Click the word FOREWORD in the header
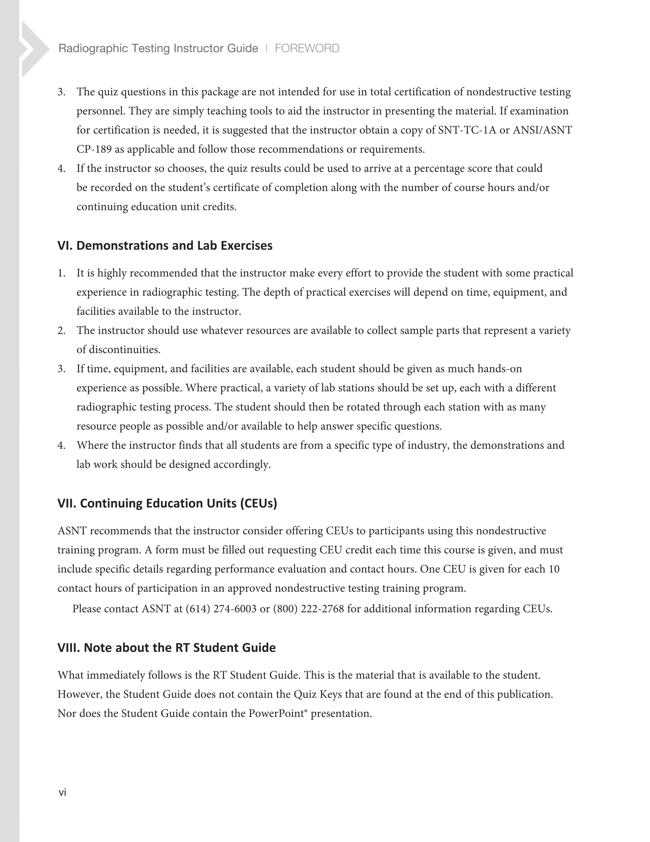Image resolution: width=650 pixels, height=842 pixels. tap(307, 48)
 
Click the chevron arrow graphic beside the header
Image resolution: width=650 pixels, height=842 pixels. tap(34, 49)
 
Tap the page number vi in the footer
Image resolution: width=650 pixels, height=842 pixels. tap(62, 792)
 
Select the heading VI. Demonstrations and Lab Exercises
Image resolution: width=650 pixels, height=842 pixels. tap(165, 245)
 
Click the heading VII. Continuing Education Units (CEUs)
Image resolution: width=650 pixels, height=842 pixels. tap(167, 503)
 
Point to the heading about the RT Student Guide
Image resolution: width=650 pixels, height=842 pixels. tap(167, 648)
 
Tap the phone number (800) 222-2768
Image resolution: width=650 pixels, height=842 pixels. tap(308, 609)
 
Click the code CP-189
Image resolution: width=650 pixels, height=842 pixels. tap(94, 149)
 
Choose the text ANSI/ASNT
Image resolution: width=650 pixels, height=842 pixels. tap(542, 130)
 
